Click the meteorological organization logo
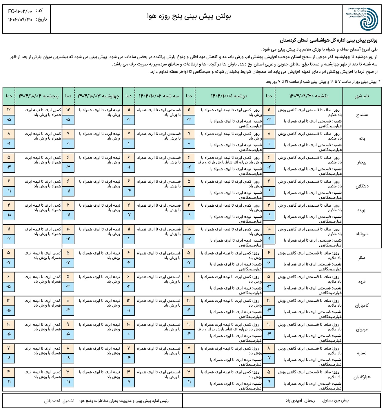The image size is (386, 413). (362, 19)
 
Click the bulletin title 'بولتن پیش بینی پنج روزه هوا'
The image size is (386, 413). (189, 16)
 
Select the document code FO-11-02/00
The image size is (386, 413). (20, 11)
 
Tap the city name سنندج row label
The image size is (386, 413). (362, 115)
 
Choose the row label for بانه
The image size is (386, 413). (362, 139)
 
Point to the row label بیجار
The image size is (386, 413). (362, 163)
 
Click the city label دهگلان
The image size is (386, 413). (362, 186)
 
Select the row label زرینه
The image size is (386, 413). (362, 210)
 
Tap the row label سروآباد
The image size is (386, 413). (362, 234)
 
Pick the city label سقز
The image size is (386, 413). (362, 258)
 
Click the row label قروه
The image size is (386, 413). (362, 282)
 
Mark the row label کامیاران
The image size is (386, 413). (362, 305)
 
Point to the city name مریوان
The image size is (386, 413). (362, 330)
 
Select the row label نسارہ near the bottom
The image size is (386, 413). (362, 353)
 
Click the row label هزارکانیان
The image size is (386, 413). (362, 377)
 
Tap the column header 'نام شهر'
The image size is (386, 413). (362, 96)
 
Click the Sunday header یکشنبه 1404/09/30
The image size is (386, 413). (309, 96)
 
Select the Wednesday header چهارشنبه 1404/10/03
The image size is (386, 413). (98, 96)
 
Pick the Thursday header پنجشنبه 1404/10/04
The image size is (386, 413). (39, 96)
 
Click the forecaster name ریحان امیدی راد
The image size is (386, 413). (300, 401)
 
